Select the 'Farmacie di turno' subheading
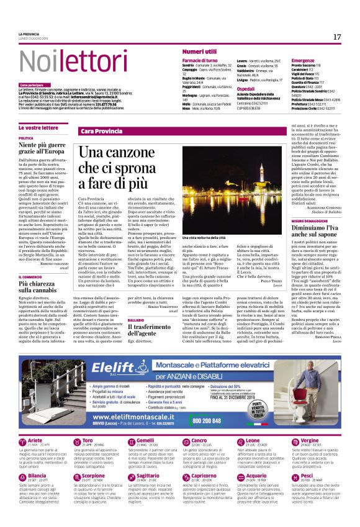[x=200, y=60]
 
